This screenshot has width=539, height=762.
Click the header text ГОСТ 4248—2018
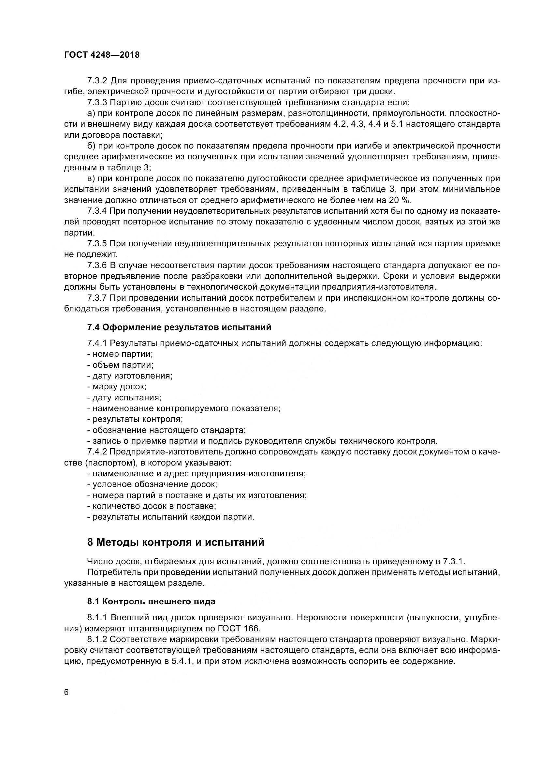point(102,55)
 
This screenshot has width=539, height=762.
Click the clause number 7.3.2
point(97,81)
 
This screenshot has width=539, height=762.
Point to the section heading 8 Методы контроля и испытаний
point(176,542)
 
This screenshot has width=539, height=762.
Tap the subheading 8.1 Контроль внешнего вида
point(151,601)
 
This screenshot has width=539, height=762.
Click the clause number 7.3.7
point(97,298)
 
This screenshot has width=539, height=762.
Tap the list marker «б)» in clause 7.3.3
point(91,146)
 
